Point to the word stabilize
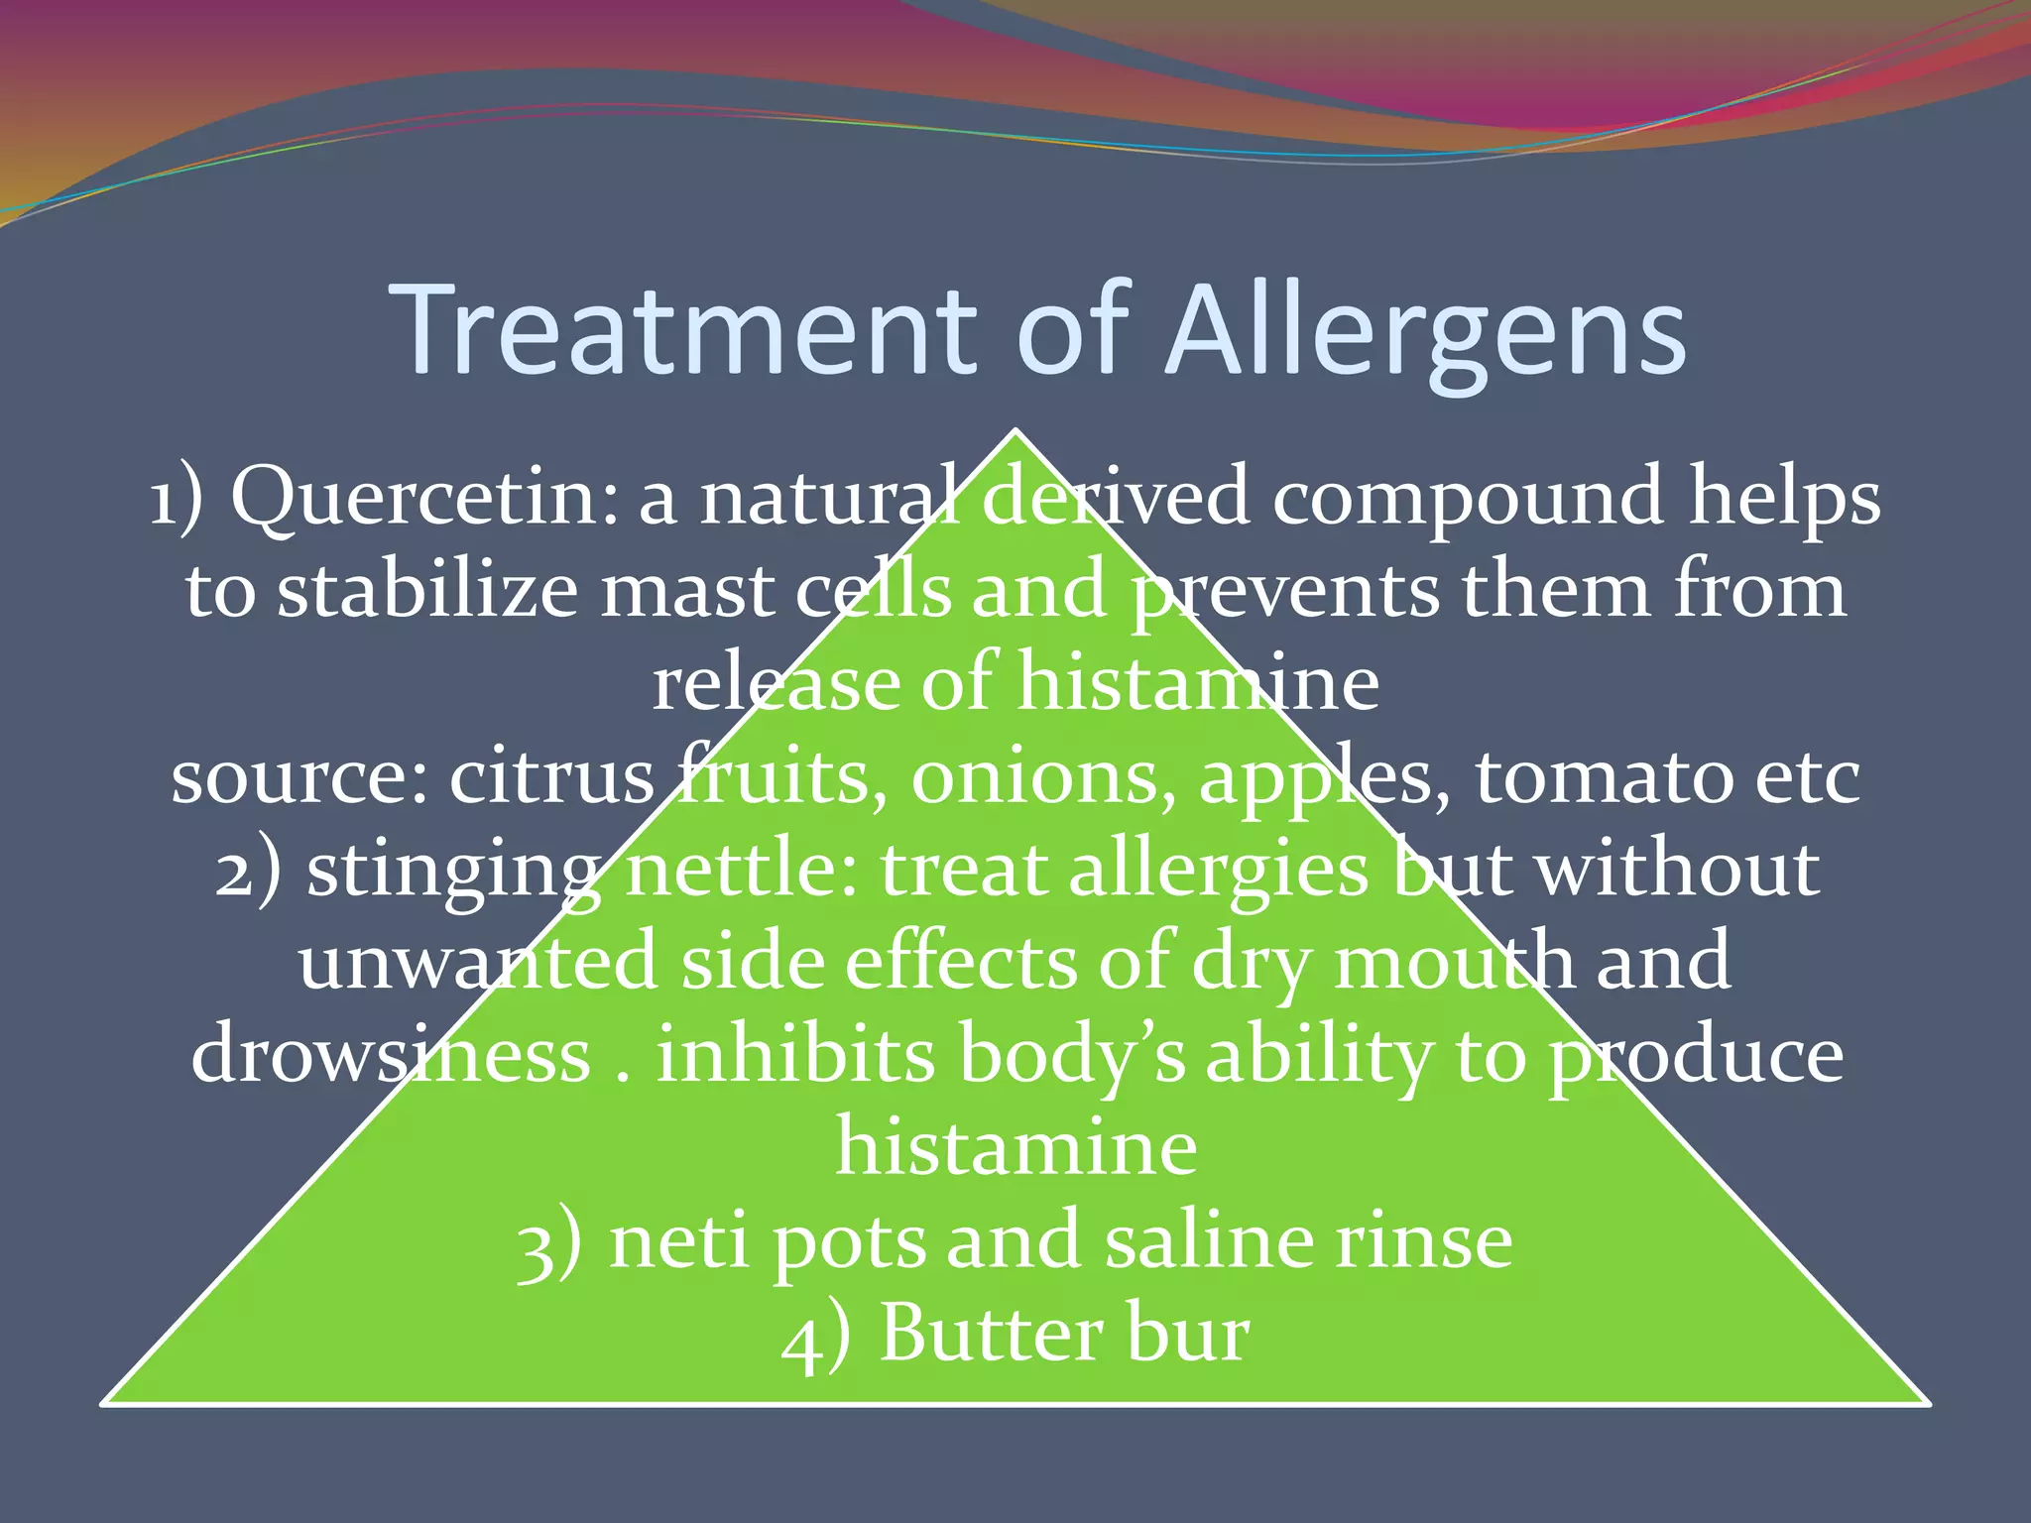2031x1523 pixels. (x=427, y=591)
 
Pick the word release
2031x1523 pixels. (x=775, y=683)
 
